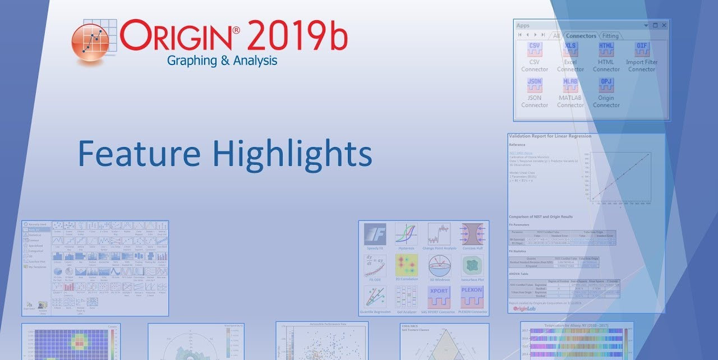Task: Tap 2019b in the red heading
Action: pyautogui.click(x=297, y=36)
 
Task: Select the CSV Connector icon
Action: pyautogui.click(x=535, y=49)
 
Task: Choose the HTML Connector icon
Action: pyautogui.click(x=606, y=49)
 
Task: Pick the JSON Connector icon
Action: pyautogui.click(x=535, y=85)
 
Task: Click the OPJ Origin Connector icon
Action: pyautogui.click(x=606, y=85)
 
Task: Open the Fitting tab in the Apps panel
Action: pyautogui.click(x=610, y=36)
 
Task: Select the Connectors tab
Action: pyautogui.click(x=581, y=36)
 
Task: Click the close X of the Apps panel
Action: pyautogui.click(x=664, y=25)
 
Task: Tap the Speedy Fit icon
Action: pyautogui.click(x=375, y=234)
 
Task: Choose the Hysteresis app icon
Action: pyautogui.click(x=406, y=234)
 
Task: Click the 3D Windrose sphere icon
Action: pyautogui.click(x=439, y=266)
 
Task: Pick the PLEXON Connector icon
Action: pyautogui.click(x=472, y=297)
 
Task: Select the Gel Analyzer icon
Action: pyautogui.click(x=406, y=297)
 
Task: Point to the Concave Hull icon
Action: pyautogui.click(x=472, y=234)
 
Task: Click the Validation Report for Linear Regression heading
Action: pyautogui.click(x=550, y=136)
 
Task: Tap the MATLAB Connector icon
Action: pyautogui.click(x=570, y=85)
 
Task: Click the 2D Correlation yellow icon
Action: pyautogui.click(x=406, y=266)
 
